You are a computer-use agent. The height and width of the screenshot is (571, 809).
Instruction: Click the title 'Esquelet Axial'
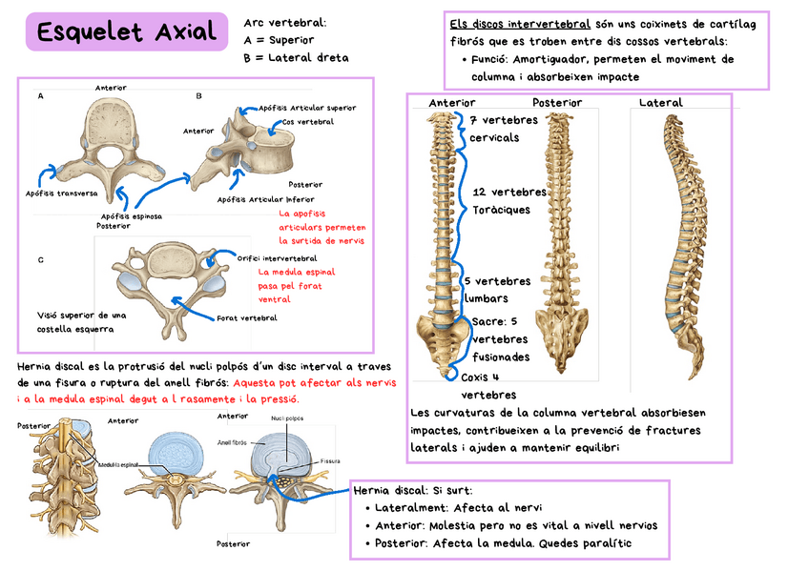click(127, 33)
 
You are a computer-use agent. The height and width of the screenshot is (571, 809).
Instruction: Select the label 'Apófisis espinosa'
click(131, 216)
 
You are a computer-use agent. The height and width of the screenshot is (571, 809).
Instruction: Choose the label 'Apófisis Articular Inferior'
click(265, 199)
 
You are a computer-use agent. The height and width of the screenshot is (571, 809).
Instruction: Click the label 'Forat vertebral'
click(246, 318)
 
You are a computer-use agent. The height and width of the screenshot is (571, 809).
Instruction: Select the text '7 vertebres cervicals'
click(504, 129)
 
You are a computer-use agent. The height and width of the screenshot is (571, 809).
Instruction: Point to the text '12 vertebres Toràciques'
click(508, 200)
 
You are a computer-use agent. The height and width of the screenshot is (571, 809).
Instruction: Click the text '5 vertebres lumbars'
click(497, 289)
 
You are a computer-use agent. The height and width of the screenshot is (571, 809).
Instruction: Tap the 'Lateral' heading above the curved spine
click(660, 103)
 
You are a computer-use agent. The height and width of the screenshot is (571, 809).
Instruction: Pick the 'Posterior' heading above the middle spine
click(558, 103)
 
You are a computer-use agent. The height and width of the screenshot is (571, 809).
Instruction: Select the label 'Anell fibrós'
click(232, 442)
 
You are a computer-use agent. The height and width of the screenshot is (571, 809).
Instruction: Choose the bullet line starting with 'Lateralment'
click(449, 508)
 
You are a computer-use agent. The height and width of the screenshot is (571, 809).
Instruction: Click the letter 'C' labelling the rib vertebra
click(40, 259)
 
